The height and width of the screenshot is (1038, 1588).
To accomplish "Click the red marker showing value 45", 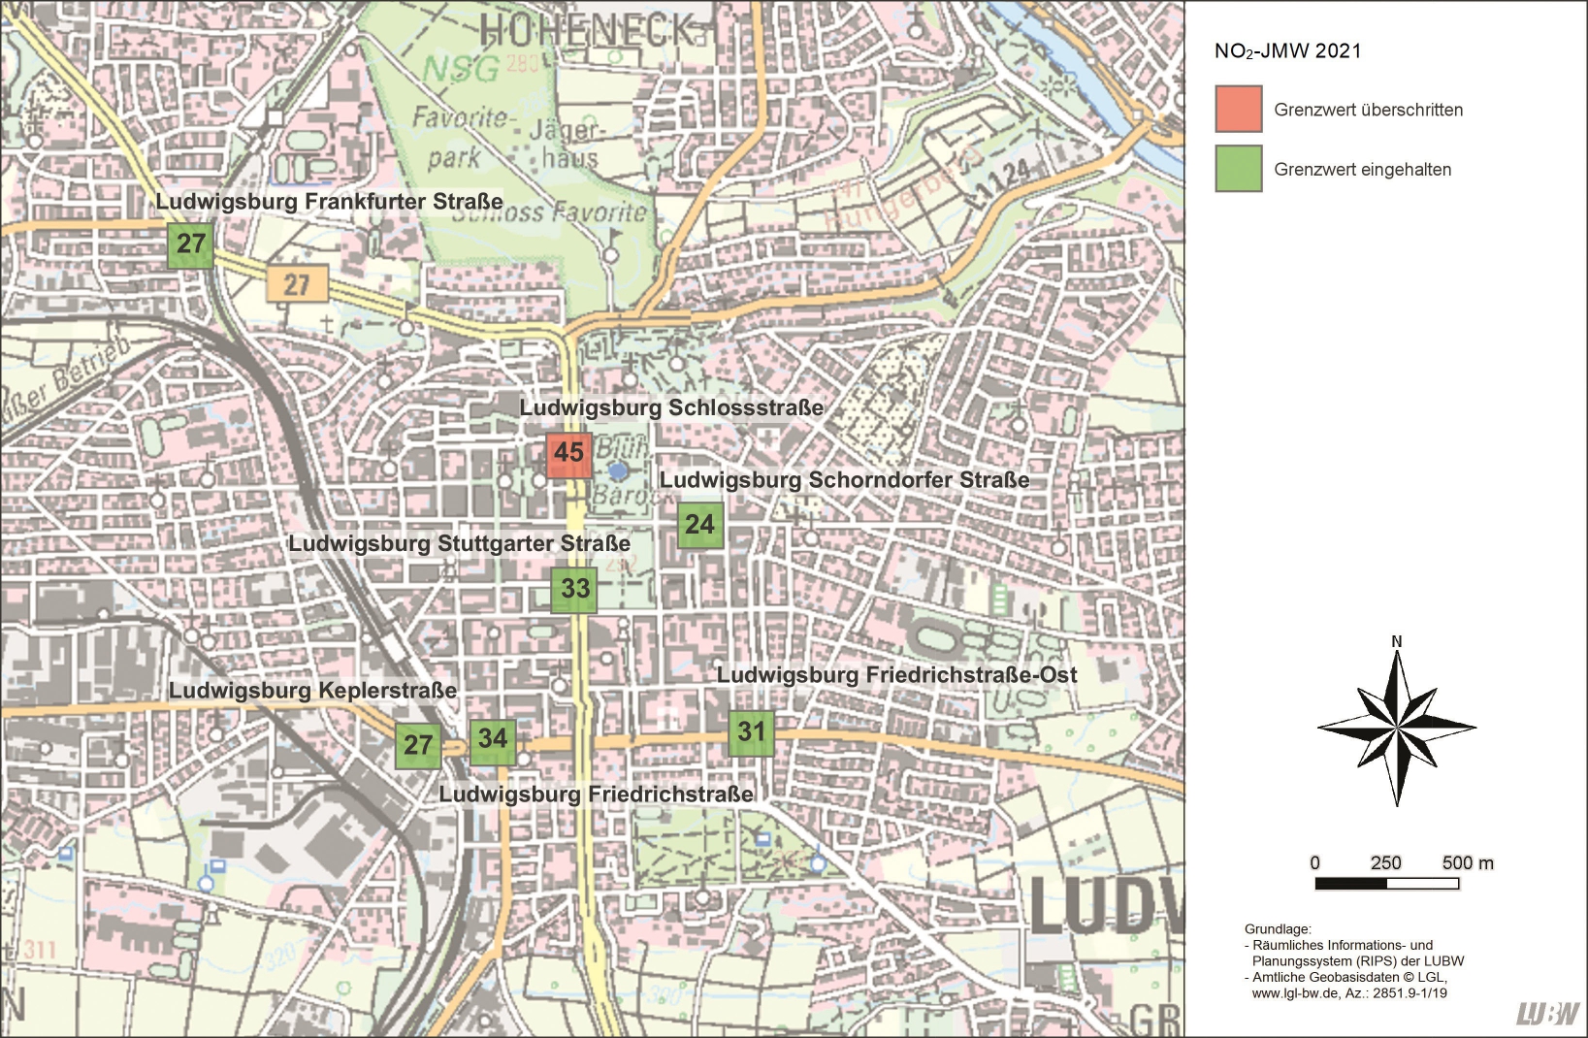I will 568,453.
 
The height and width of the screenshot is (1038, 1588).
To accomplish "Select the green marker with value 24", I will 699,525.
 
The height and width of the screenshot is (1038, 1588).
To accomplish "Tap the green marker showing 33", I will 574,589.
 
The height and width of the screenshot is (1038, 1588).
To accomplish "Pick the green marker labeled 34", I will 493,739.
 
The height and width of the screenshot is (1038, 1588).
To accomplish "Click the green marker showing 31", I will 751,732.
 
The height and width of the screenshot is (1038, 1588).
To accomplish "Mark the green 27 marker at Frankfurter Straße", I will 190,243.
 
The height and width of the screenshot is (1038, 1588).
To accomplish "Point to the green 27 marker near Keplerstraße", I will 418,745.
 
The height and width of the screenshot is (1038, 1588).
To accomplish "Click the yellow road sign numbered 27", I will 297,285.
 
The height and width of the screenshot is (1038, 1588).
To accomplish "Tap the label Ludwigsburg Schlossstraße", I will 671,407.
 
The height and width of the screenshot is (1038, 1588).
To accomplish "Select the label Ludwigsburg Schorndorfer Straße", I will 844,480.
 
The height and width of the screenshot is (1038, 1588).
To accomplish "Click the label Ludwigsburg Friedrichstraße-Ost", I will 896,675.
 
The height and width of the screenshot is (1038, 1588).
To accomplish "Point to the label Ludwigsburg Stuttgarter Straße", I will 459,543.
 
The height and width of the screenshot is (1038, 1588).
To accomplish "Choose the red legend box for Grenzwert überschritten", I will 1239,109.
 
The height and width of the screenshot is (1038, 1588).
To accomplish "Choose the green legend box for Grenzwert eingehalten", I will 1239,169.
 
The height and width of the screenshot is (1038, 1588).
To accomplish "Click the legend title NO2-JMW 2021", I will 1287,51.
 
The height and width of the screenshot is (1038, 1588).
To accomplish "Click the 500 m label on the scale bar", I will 1467,862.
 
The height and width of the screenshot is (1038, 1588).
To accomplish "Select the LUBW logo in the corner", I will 1548,1013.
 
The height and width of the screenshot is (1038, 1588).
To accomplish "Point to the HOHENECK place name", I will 588,30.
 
